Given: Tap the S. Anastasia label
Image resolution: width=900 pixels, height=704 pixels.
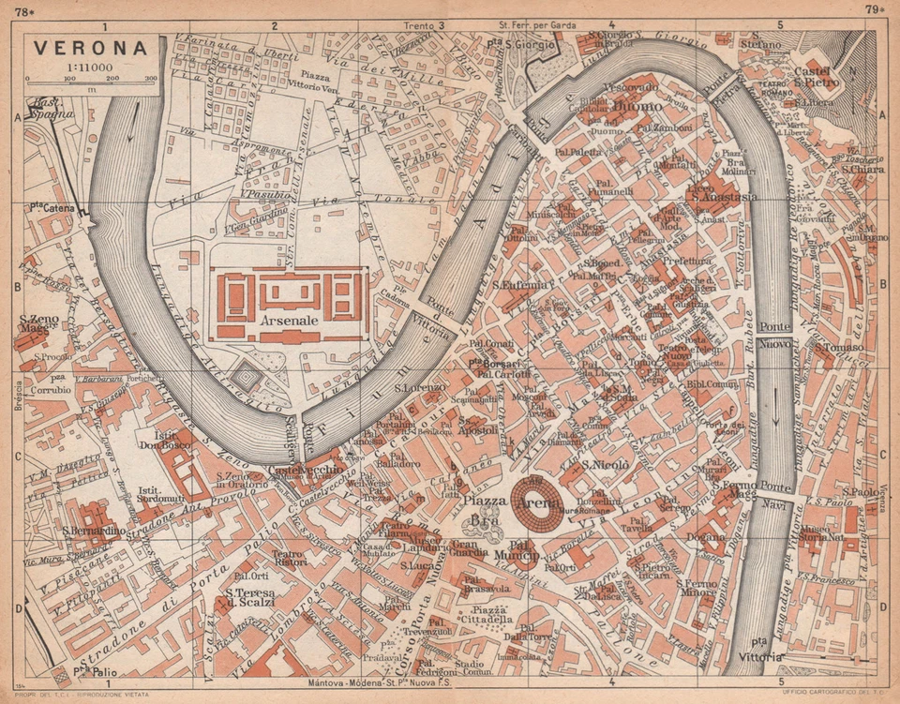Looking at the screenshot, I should pyautogui.click(x=722, y=197).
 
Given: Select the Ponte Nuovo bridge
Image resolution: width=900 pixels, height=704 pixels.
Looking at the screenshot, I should pyautogui.click(x=776, y=335).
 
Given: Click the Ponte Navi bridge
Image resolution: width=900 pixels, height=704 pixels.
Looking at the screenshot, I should pyautogui.click(x=776, y=494).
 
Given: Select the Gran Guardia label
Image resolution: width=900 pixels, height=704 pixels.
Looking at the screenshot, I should pyautogui.click(x=469, y=547).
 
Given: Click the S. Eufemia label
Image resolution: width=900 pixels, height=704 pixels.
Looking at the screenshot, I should pyautogui.click(x=518, y=283).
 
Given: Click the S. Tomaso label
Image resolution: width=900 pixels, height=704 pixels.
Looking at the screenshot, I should pyautogui.click(x=837, y=347).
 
